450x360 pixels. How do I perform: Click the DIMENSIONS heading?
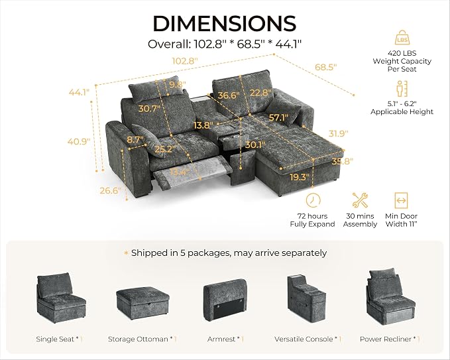(x=225, y=24)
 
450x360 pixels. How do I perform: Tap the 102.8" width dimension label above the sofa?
(x=185, y=61)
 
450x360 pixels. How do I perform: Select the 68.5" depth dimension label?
(x=325, y=67)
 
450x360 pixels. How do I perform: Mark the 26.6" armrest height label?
(x=111, y=190)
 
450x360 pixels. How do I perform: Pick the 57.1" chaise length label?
(x=278, y=117)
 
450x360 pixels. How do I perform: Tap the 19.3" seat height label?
(x=300, y=177)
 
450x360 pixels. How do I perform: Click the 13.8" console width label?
(x=203, y=125)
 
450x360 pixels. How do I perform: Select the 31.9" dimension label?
(x=339, y=133)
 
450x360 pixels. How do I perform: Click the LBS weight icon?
(x=402, y=37)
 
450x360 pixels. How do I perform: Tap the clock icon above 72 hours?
(x=313, y=200)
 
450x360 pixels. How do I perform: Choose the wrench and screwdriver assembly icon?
(x=360, y=200)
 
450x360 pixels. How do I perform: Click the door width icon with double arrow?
(x=401, y=200)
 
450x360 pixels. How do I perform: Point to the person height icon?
(x=402, y=89)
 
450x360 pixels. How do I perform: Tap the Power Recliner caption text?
(x=386, y=339)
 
